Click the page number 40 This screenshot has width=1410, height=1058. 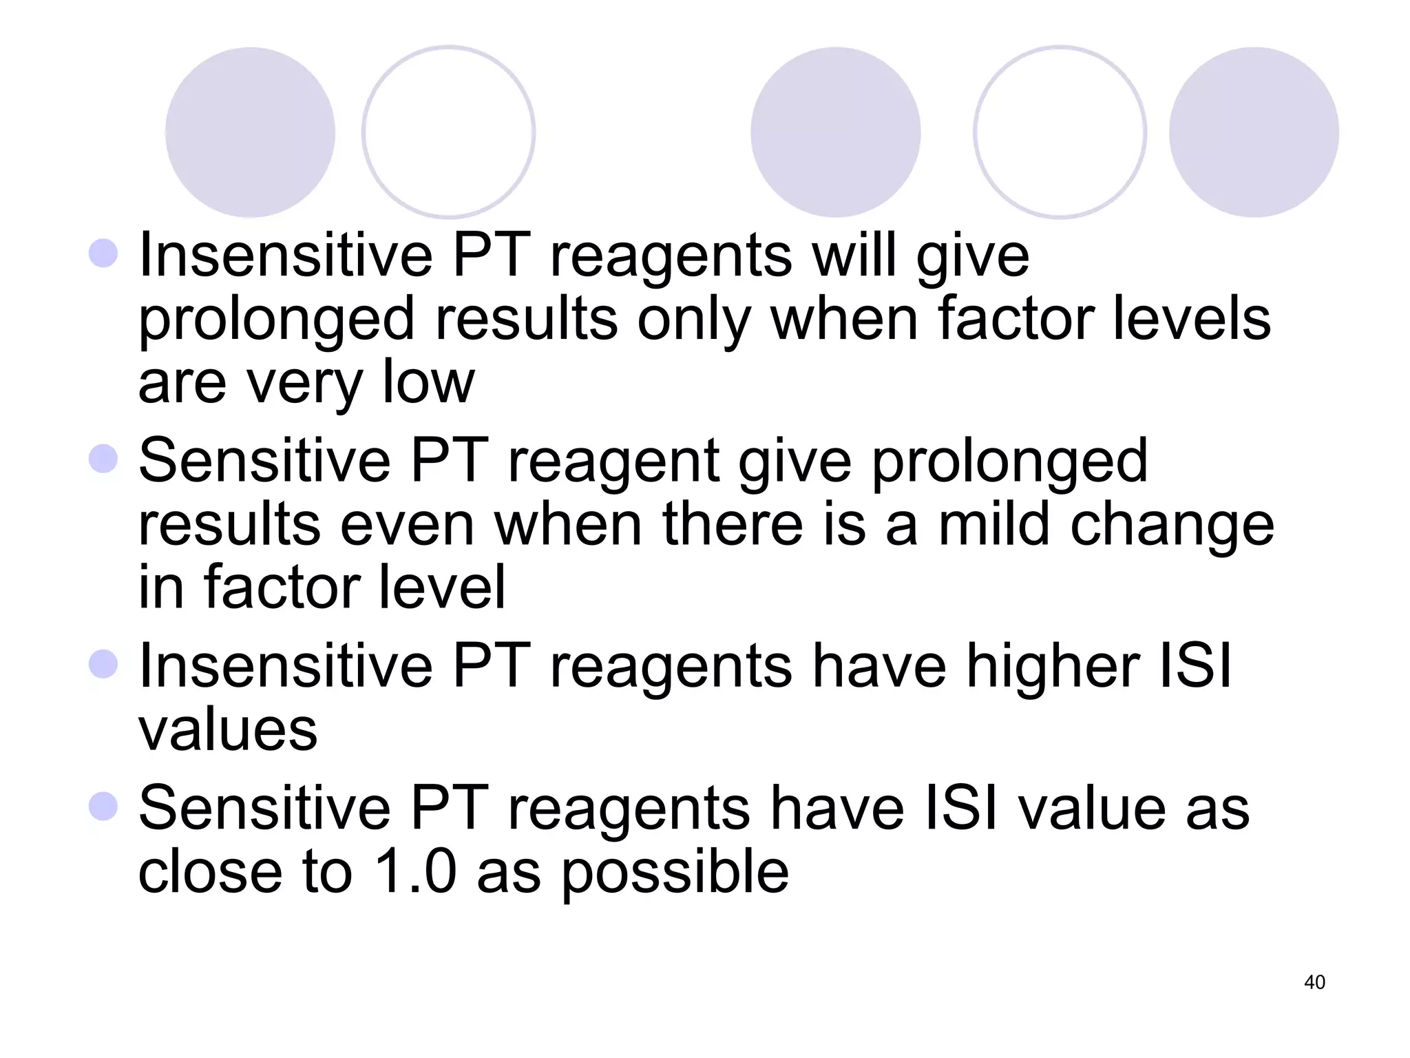(1314, 982)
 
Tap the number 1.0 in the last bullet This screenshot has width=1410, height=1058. (415, 871)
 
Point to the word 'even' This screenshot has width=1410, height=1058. (407, 526)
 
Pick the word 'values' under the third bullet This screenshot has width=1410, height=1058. (228, 729)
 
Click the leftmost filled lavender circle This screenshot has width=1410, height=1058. (250, 132)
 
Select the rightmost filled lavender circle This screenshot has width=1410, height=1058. (1253, 132)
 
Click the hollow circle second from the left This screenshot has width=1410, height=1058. (448, 132)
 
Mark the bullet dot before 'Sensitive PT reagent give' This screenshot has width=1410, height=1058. (103, 459)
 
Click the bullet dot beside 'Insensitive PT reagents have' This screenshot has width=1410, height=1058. (103, 664)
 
